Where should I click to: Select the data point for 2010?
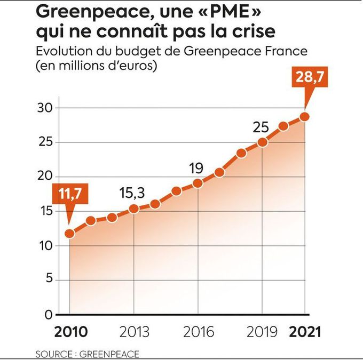[x=69, y=234]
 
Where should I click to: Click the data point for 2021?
[x=305, y=116]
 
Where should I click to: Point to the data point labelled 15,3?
[x=134, y=209]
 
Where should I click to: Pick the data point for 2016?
[x=198, y=183]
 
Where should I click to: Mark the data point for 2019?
[x=262, y=142]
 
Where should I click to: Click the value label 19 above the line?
[x=196, y=169]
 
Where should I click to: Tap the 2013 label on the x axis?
[x=134, y=332]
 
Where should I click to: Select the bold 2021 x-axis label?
[x=305, y=332]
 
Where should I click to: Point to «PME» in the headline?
[x=232, y=11]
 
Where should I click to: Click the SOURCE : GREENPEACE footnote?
[x=88, y=354]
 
